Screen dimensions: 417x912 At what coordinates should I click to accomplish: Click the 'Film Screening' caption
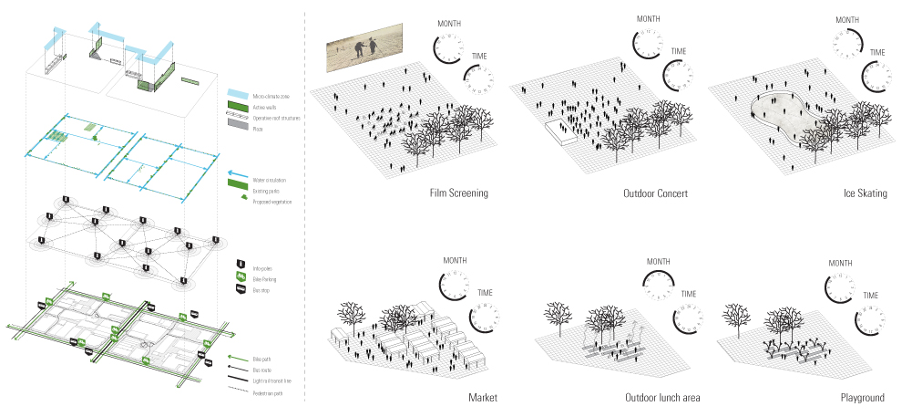458,193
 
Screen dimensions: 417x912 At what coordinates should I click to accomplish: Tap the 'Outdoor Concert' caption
656,193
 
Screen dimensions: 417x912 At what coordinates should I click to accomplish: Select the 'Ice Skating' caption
866,193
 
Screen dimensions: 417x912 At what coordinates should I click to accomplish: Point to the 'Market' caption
483,399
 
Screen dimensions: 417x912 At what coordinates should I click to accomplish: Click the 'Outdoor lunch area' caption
662,399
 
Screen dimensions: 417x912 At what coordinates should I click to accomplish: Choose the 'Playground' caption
863,399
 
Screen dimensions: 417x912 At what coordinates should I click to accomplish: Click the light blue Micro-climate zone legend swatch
237,94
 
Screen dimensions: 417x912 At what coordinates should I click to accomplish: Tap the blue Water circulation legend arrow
237,172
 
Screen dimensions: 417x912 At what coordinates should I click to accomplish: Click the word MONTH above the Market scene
455,261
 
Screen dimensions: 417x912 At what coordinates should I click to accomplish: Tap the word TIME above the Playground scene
871,295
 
